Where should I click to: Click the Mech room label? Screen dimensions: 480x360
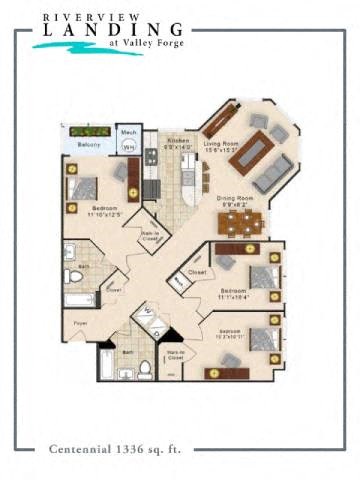128,131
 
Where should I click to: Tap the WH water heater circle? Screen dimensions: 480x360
128,147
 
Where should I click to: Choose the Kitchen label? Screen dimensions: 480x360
179,142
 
